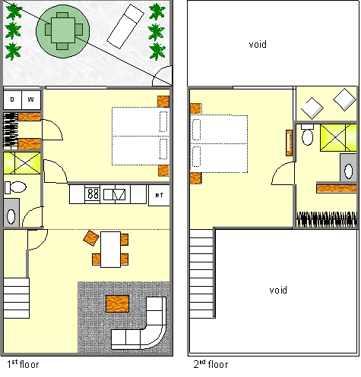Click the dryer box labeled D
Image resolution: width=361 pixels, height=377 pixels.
13,99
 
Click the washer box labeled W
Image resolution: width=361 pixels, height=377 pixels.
31,99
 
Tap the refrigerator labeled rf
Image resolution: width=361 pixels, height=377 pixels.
159,195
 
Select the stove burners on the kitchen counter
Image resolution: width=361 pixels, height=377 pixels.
92,194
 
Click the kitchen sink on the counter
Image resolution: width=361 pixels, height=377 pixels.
115,194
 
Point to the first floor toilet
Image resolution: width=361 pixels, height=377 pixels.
15,187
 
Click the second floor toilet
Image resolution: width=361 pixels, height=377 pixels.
308,134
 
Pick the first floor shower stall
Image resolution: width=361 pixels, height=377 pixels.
22,163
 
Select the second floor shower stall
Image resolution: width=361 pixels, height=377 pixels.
338,137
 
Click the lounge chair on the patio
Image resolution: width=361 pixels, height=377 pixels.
125,27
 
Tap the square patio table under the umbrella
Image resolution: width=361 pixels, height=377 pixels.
63,30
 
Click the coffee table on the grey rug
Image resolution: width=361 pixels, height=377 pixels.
118,303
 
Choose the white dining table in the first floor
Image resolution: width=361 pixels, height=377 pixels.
110,250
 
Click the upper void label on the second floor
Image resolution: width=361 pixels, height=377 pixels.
258,45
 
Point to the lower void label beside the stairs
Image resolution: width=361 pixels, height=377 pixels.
278,290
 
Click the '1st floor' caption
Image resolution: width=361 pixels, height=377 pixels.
23,364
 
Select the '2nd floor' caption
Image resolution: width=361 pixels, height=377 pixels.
211,364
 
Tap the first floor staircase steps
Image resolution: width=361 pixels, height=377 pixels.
16,298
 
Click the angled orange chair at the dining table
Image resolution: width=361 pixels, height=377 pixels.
91,238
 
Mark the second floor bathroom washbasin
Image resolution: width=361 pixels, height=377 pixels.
348,168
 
